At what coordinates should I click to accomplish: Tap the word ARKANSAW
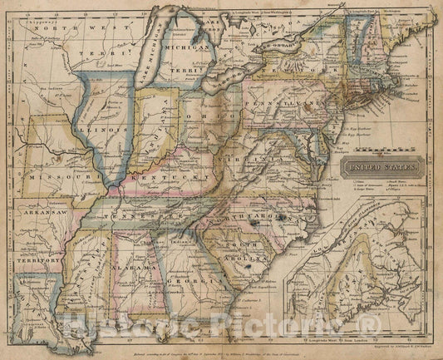click(38, 215)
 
